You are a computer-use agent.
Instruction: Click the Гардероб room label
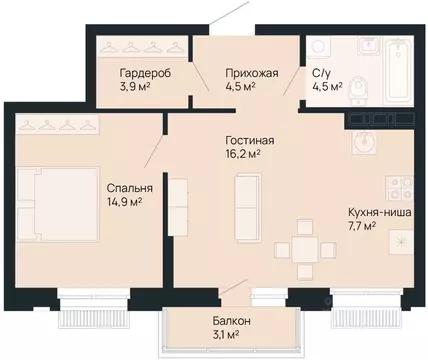(x=145, y=73)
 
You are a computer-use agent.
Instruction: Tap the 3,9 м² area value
(x=134, y=87)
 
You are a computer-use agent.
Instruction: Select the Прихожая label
(x=252, y=73)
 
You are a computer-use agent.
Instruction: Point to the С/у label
(x=321, y=73)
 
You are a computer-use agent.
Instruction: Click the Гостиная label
(x=250, y=140)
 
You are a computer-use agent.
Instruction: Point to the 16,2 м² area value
(x=243, y=155)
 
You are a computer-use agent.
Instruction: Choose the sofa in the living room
(x=248, y=208)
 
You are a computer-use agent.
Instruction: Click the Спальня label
(x=130, y=188)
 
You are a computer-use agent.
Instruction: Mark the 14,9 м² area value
(x=124, y=202)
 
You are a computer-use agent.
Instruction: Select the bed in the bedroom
(x=58, y=204)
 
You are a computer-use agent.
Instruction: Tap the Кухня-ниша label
(x=380, y=212)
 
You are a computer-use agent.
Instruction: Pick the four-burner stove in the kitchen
(x=400, y=187)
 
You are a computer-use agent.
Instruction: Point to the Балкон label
(x=231, y=321)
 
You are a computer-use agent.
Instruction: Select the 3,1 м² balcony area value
(x=226, y=334)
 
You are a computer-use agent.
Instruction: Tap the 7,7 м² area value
(x=362, y=227)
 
